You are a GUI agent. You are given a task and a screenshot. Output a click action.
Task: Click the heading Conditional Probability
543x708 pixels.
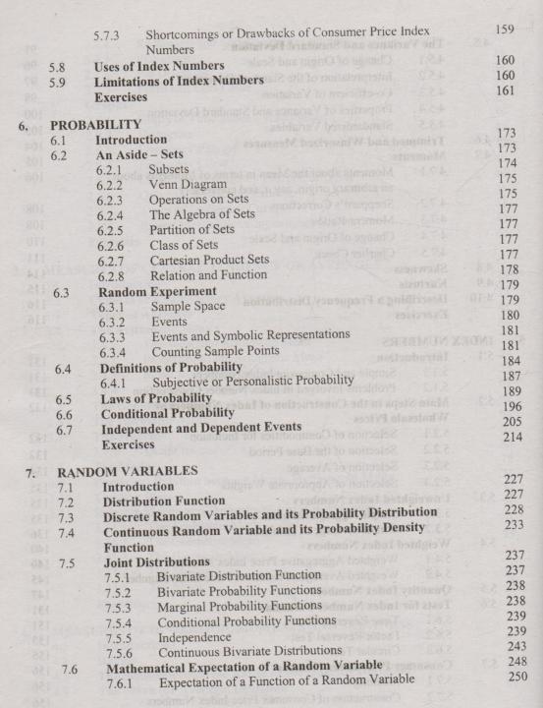pyautogui.click(x=169, y=413)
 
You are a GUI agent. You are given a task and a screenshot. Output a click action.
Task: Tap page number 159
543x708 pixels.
pyautogui.click(x=506, y=30)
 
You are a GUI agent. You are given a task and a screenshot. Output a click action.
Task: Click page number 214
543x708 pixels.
pyautogui.click(x=506, y=436)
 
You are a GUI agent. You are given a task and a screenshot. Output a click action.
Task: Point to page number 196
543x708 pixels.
pyautogui.click(x=506, y=405)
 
